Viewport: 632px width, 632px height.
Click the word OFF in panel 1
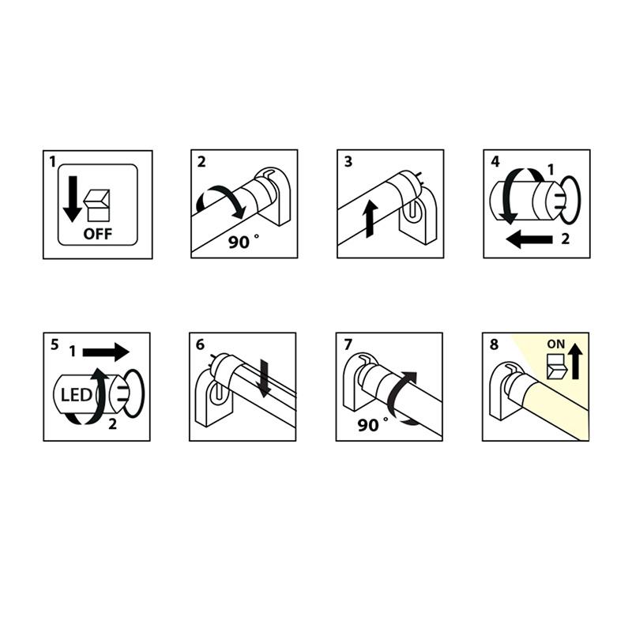coord(97,234)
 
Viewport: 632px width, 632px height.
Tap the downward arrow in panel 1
coord(73,199)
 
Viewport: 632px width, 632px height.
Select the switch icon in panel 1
coord(96,205)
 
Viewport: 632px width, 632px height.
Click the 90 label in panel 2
coord(239,242)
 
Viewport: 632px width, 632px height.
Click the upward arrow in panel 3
coord(370,219)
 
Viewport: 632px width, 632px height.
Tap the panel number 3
coord(348,162)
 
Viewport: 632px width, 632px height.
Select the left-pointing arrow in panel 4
coord(529,239)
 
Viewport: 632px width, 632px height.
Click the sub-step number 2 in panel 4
coord(565,239)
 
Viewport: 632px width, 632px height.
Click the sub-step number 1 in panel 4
coord(551,170)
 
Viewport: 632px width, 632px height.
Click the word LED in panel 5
coord(76,395)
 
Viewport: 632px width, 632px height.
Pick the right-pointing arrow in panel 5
coord(106,352)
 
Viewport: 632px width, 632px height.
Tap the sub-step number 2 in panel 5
coord(112,424)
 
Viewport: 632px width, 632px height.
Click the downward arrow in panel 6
coord(265,378)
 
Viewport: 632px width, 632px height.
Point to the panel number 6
coord(200,344)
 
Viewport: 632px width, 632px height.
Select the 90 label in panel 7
coord(368,425)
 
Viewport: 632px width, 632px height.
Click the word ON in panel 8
coord(556,344)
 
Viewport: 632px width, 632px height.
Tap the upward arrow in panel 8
coord(576,361)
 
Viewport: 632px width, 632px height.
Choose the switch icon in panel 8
coord(556,366)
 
